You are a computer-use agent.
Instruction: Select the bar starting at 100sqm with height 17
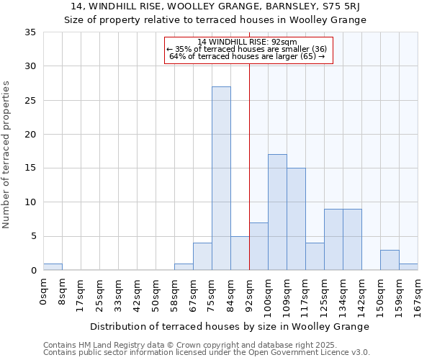point(277,212)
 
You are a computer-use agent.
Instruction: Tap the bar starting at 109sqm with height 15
point(296,219)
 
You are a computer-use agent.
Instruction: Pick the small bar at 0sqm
point(53,267)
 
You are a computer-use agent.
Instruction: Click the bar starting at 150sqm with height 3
point(390,260)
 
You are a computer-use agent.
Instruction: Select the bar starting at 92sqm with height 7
point(258,246)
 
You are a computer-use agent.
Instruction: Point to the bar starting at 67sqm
point(202,257)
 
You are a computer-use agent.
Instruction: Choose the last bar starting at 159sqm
point(408,267)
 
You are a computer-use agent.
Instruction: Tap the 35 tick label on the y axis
point(30,32)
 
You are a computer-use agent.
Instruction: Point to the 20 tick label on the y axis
point(30,135)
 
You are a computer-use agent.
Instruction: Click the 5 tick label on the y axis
point(33,237)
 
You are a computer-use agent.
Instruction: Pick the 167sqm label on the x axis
point(418,296)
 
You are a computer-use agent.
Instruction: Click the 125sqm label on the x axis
point(324,296)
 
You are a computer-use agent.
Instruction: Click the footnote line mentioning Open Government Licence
point(207,353)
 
